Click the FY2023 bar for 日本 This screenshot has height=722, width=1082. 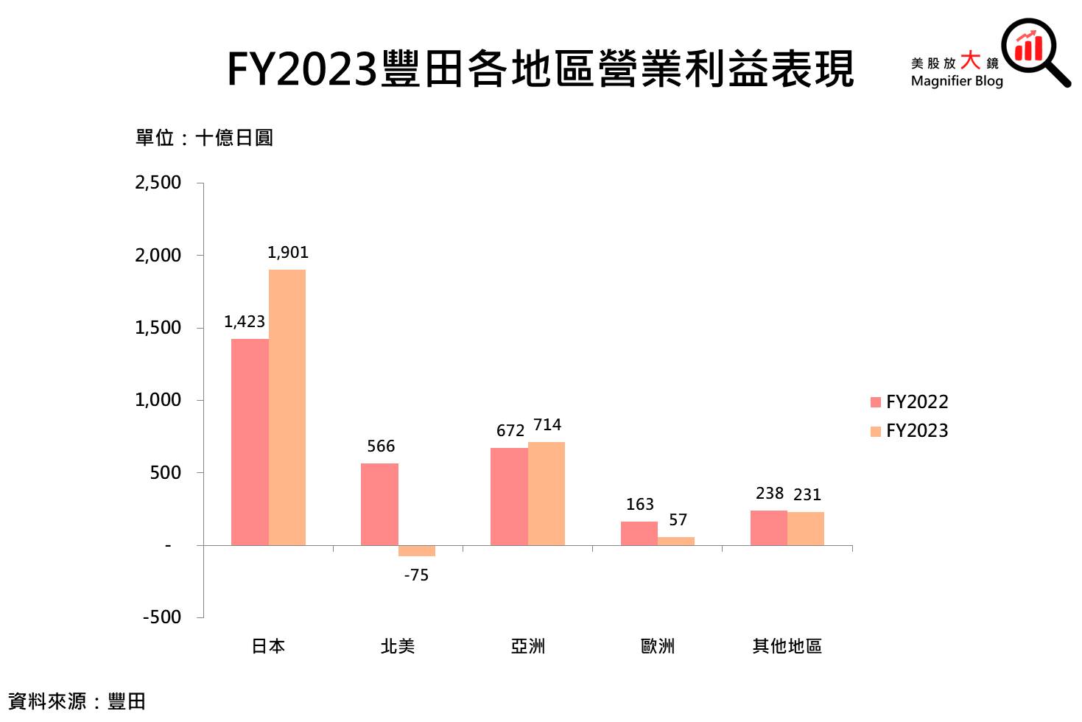point(287,407)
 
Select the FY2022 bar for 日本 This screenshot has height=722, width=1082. point(250,442)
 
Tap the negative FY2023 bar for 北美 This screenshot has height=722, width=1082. point(417,550)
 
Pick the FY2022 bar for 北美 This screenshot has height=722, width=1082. point(379,504)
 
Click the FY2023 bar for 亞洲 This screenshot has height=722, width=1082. point(547,494)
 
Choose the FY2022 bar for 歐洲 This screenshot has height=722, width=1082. point(639,533)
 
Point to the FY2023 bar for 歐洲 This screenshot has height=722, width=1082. point(676,541)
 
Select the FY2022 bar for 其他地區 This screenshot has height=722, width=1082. point(769,528)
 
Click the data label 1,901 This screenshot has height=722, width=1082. point(288,253)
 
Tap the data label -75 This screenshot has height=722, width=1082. point(416,575)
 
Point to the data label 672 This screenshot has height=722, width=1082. point(510,430)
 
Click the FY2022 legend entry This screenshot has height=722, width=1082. point(910,402)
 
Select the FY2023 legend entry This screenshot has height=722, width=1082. point(910,431)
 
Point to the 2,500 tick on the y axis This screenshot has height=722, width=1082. point(158,183)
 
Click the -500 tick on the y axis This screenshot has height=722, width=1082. point(162,617)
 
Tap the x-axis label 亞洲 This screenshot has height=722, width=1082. point(528,646)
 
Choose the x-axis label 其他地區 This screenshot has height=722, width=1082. point(787,646)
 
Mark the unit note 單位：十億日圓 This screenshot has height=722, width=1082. point(204,138)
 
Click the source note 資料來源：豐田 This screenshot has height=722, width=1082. point(77,701)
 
